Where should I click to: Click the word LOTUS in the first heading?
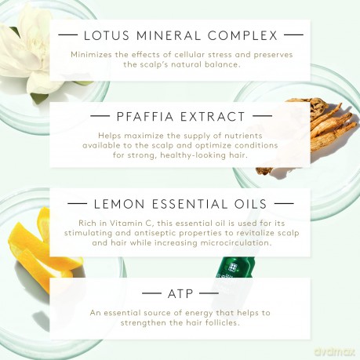tap(107, 35)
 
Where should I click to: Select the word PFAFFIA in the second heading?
tap(145, 117)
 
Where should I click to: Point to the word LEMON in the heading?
tap(119, 204)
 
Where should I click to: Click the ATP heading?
tap(180, 294)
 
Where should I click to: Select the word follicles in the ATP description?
tap(222, 322)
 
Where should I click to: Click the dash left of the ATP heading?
tap(151, 293)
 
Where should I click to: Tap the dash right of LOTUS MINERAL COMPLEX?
tap(293, 35)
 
